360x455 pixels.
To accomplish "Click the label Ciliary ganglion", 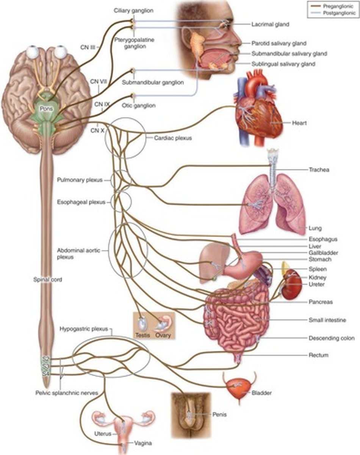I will (x=133, y=11).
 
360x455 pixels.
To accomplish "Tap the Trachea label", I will (x=318, y=170).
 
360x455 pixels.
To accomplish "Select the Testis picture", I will (x=142, y=325).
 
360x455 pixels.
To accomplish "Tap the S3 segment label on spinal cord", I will (x=46, y=366).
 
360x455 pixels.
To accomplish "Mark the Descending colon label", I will (x=331, y=338).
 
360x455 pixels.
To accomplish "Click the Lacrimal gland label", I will (x=270, y=24).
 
